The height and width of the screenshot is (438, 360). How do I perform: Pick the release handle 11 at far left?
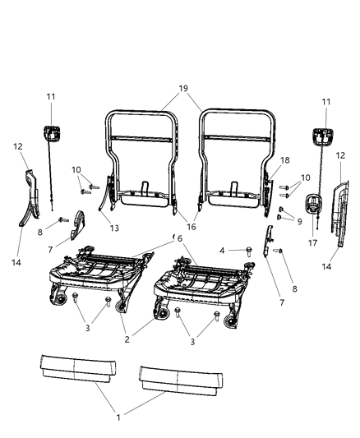51,133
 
